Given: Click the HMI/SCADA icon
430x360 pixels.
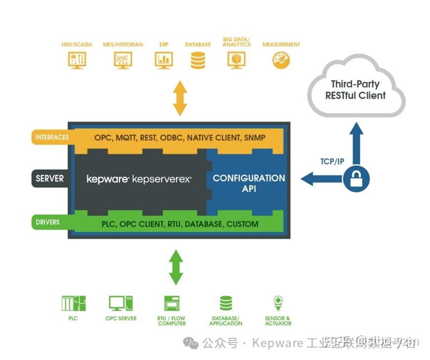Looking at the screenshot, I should tap(76, 60).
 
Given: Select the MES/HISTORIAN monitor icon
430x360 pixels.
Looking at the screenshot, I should tap(122, 60).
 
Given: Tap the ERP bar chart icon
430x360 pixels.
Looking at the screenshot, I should tap(163, 60).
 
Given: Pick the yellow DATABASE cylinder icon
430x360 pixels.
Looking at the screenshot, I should tap(198, 60).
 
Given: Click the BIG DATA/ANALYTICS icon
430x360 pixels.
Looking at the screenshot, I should tap(236, 60).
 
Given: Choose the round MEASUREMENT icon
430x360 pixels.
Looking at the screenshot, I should tap(281, 60).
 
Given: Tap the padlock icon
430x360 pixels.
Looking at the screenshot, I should tap(355, 179).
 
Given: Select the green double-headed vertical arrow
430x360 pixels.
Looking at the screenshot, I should tap(176, 267).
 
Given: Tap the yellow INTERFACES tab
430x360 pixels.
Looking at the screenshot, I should tap(52, 137).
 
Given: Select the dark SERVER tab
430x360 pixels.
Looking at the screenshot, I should tap(49, 178).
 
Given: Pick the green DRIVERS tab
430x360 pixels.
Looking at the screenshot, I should tap(48, 222).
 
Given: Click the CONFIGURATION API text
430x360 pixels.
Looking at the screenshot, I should tap(249, 183).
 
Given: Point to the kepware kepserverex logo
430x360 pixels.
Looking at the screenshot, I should tap(139, 179).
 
